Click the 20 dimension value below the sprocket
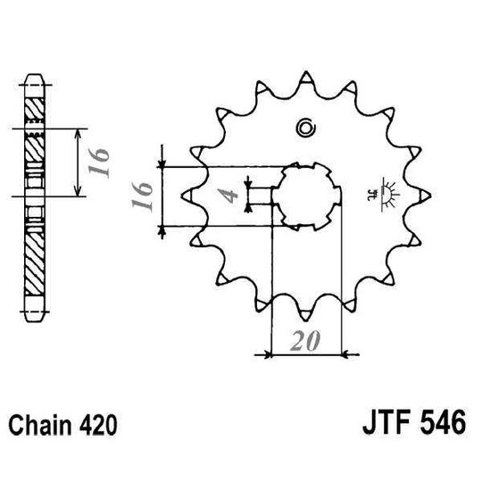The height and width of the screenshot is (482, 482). (305, 341)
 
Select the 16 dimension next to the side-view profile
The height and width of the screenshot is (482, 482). (101, 162)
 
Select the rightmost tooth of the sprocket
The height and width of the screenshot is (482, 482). (430, 195)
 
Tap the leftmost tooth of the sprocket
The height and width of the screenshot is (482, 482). (186, 194)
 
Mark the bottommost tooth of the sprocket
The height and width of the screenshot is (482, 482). (308, 317)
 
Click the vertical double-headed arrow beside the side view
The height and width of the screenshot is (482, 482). (80, 162)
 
